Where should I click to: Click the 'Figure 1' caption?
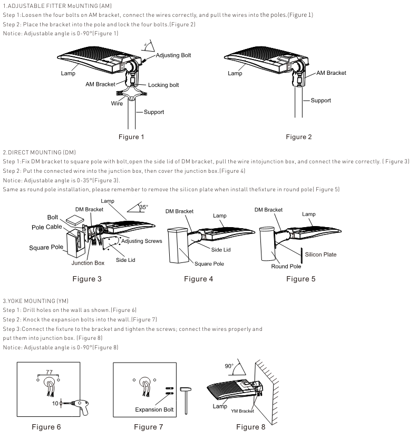[x=131, y=137]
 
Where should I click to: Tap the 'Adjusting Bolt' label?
[x=173, y=55]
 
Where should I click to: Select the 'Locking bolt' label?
[x=164, y=85]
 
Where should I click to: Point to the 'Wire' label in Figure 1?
[x=116, y=104]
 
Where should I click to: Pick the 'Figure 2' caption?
[x=299, y=137]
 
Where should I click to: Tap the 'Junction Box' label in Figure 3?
[x=88, y=262]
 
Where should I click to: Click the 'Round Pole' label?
[x=286, y=266]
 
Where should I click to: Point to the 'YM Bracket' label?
[x=242, y=410]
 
